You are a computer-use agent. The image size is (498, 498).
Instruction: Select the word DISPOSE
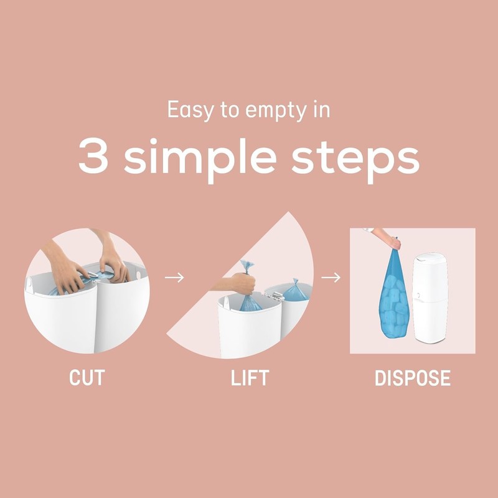click(412, 378)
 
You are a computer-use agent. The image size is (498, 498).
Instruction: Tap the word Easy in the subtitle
click(187, 110)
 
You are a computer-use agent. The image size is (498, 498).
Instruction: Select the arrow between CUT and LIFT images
click(177, 277)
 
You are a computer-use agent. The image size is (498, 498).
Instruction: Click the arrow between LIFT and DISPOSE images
click(334, 277)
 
